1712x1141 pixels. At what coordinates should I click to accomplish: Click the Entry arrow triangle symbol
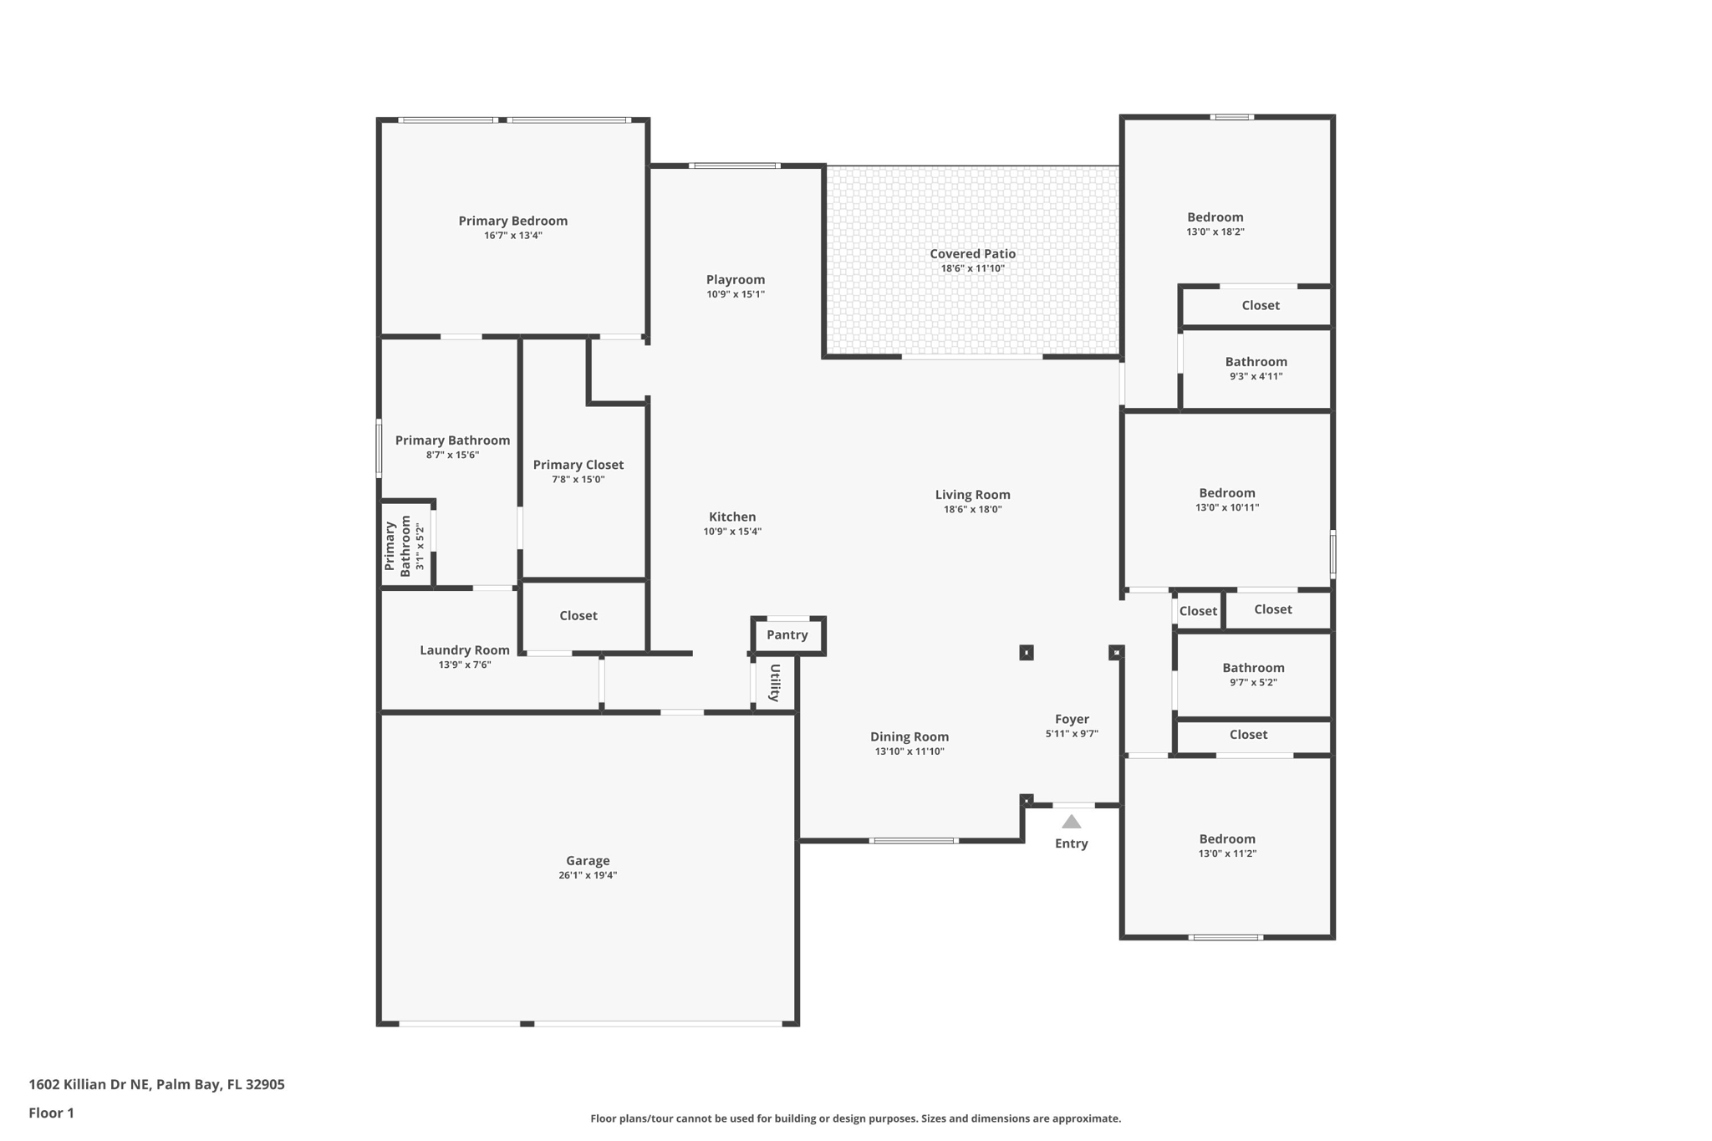coord(1071,823)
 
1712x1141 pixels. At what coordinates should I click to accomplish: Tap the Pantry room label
coord(787,635)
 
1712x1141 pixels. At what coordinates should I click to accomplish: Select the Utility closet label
coord(775,683)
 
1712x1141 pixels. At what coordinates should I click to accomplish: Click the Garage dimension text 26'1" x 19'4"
coord(588,875)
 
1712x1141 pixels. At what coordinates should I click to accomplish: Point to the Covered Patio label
coord(972,254)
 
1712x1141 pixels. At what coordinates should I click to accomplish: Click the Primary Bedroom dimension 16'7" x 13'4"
coord(512,236)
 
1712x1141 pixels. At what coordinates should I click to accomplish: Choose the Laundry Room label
coord(464,650)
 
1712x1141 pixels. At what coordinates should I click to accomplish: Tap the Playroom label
coord(735,280)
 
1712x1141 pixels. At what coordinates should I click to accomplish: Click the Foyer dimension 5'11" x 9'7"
coord(1071,734)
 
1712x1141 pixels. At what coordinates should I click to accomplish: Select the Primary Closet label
coord(578,465)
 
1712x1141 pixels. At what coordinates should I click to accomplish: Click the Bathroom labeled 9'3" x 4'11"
coord(1256,362)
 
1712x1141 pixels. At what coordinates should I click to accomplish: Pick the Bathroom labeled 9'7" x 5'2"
coord(1253,668)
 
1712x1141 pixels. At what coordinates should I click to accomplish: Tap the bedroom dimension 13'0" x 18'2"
coord(1215,232)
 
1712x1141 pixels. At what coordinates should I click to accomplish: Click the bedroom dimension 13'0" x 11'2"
coord(1226,853)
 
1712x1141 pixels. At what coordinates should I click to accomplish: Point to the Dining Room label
coord(909,737)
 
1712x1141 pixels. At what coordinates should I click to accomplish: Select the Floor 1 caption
coord(51,1113)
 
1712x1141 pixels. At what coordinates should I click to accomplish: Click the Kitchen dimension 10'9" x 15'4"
coord(731,532)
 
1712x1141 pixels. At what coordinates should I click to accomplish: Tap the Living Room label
coord(972,495)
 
